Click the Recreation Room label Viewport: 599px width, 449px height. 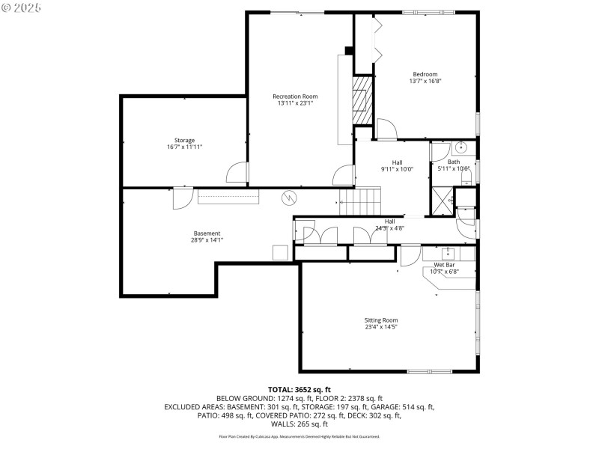coord(295,96)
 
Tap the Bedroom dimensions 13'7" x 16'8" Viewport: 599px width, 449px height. coord(425,81)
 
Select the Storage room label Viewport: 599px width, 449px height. coord(184,140)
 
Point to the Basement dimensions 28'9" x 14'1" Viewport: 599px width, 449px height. coord(207,240)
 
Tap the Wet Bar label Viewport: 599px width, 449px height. coord(444,264)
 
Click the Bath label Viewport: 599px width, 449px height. coord(454,162)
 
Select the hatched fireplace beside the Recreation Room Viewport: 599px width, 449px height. coord(362,99)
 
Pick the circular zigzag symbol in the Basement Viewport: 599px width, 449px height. coord(289,198)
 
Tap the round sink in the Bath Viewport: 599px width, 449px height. coord(463,147)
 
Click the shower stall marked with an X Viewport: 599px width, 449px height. coord(442,199)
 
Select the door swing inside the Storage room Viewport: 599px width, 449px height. coord(237,172)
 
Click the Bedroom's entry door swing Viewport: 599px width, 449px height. coord(386,129)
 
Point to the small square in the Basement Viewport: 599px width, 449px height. coord(280,252)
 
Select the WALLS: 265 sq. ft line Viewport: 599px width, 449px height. coord(299,424)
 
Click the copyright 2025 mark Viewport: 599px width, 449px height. coord(22,7)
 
